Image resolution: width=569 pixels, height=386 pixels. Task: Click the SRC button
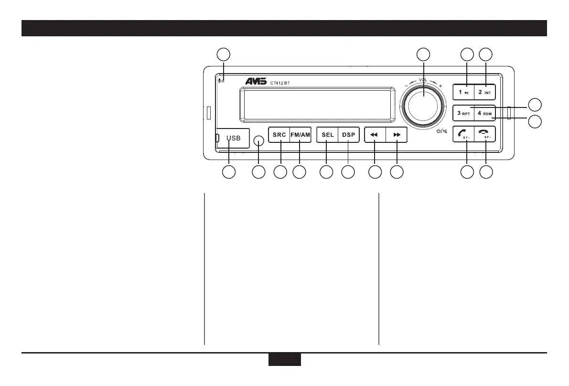pyautogui.click(x=279, y=135)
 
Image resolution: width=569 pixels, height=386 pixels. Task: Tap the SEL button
pyautogui.click(x=327, y=135)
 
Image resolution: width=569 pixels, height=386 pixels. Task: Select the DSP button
pyautogui.click(x=348, y=135)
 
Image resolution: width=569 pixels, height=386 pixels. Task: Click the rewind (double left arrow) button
pyautogui.click(x=375, y=135)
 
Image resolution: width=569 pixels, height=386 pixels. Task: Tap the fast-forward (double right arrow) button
pyautogui.click(x=397, y=135)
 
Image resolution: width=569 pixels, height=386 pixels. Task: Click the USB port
pyautogui.click(x=233, y=138)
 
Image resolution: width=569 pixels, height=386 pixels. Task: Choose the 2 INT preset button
pyautogui.click(x=485, y=92)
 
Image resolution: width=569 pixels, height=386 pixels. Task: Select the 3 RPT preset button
pyautogui.click(x=463, y=113)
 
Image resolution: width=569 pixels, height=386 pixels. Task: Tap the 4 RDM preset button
pyautogui.click(x=484, y=113)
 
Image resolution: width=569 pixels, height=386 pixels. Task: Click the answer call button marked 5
pyautogui.click(x=463, y=135)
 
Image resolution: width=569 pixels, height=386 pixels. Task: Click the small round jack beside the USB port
pyautogui.click(x=258, y=140)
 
